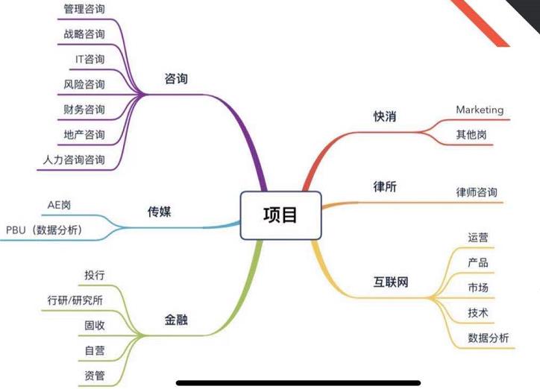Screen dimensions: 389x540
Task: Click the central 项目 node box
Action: [280, 215]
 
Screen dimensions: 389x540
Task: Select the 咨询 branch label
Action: [176, 78]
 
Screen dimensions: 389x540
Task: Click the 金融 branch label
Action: [176, 320]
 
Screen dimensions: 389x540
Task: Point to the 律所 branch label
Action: [385, 186]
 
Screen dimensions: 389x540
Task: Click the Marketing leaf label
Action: [480, 110]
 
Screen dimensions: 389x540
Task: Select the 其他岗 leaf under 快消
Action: [473, 136]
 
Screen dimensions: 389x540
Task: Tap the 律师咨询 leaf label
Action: [477, 192]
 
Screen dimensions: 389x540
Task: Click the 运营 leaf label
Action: [478, 237]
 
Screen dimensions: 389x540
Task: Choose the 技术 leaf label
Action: [478, 313]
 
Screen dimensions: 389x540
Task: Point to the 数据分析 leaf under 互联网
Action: [489, 338]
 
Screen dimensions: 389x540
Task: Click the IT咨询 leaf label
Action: [90, 59]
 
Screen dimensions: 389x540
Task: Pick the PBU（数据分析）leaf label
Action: [44, 230]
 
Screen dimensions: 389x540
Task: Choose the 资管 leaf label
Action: [95, 375]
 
